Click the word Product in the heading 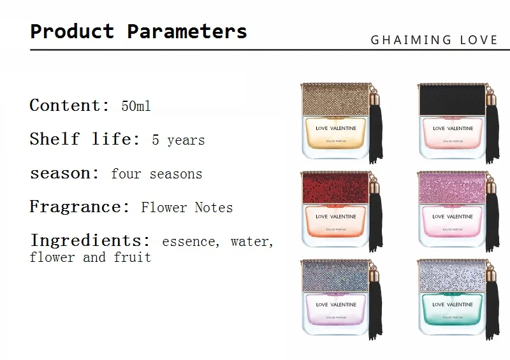click(x=72, y=31)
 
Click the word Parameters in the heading click(x=187, y=32)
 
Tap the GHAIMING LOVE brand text click(x=434, y=40)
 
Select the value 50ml click(x=136, y=106)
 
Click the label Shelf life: click(x=85, y=139)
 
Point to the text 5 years click(x=178, y=140)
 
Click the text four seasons click(x=156, y=174)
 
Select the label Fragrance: click(x=80, y=206)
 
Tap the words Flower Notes click(x=187, y=208)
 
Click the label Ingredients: click(x=91, y=241)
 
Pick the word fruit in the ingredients click(x=133, y=257)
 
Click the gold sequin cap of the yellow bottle click(x=335, y=99)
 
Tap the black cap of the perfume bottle click(x=453, y=99)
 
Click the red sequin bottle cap click(x=335, y=187)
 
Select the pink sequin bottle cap click(x=452, y=187)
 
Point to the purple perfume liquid click(x=336, y=310)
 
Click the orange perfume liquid click(x=336, y=222)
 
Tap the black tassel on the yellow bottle click(x=376, y=129)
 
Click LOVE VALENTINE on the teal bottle click(x=453, y=305)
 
